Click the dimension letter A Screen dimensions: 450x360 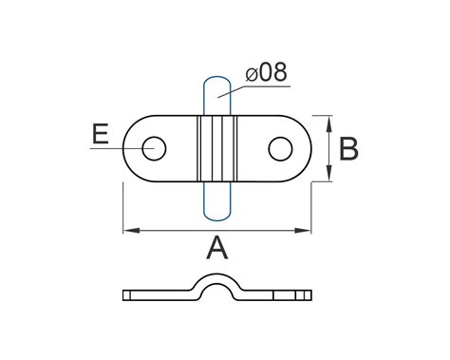(x=217, y=248)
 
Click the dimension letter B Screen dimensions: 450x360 (x=348, y=148)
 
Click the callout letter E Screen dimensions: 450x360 (x=101, y=134)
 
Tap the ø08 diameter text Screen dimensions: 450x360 (x=267, y=72)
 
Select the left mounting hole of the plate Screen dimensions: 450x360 (x=154, y=148)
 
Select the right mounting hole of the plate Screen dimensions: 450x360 (x=280, y=148)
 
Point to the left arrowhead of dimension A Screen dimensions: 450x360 (x=131, y=231)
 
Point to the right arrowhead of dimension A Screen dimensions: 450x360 (x=303, y=231)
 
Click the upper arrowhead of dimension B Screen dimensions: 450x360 (x=329, y=123)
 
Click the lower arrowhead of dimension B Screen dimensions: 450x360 (x=329, y=173)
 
